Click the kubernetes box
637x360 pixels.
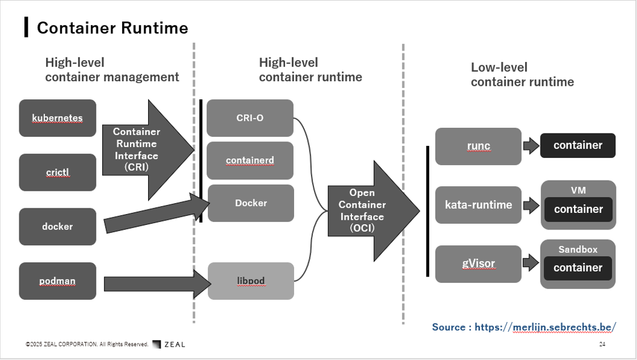coord(58,118)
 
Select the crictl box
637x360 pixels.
coord(58,172)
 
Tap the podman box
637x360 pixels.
coord(58,281)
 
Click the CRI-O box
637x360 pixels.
coord(250,118)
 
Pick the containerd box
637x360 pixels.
coord(250,161)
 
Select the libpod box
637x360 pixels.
coord(251,281)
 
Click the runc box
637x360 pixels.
coord(478,146)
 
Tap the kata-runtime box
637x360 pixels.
coord(478,205)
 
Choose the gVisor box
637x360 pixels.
coord(478,263)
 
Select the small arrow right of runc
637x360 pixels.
coord(531,146)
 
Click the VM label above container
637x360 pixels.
coord(578,190)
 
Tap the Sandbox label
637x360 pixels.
coord(578,249)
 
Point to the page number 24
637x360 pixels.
coord(602,344)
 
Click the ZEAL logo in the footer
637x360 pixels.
coord(169,344)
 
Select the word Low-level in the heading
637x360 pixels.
coord(499,67)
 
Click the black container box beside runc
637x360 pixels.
coord(578,145)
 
